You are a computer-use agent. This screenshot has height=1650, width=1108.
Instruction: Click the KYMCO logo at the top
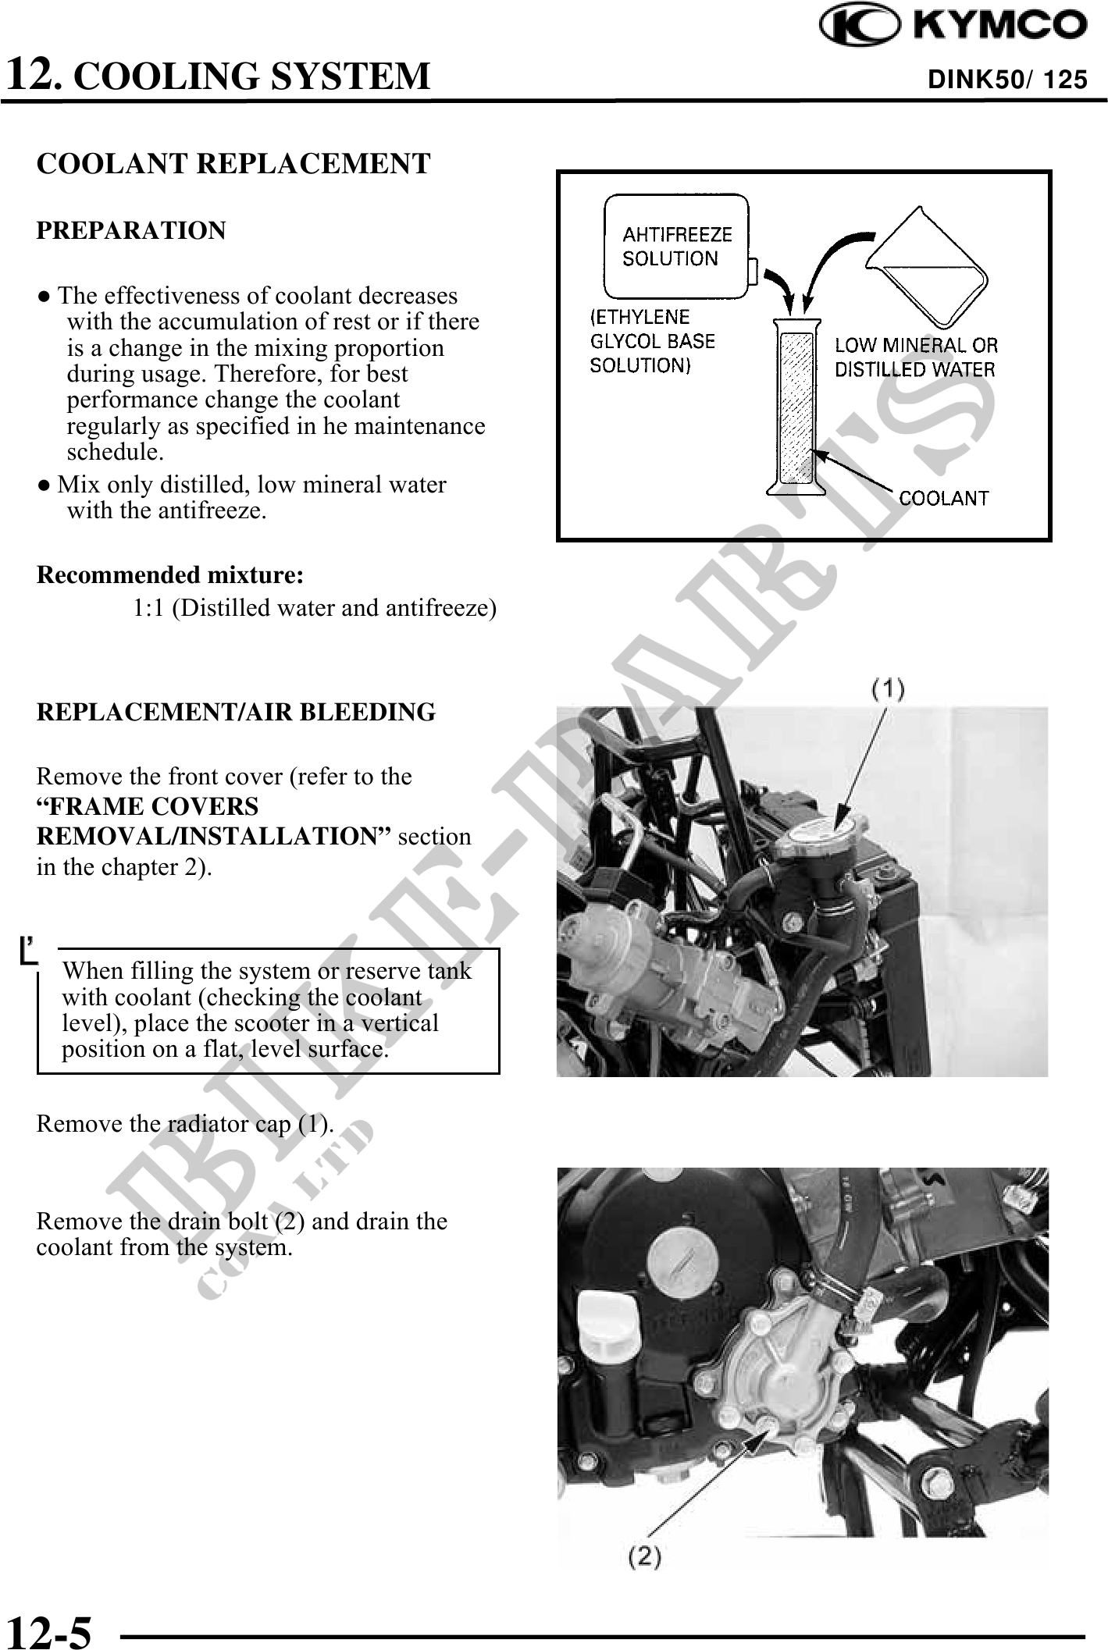[953, 26]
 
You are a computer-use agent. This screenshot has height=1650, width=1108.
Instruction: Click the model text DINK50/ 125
[1006, 79]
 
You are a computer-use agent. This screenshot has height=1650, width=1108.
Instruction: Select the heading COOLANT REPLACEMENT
[233, 164]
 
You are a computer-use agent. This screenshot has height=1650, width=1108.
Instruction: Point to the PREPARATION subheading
[131, 231]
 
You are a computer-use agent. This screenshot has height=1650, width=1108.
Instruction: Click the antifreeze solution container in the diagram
[676, 247]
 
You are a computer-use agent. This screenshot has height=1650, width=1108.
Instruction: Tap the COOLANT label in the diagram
[943, 497]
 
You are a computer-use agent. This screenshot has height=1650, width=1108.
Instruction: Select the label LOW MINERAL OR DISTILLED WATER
[915, 357]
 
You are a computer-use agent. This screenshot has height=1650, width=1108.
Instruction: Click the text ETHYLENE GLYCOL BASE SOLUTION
[652, 341]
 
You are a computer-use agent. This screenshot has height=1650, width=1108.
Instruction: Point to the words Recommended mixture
[170, 575]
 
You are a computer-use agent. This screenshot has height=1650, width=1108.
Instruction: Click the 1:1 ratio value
[148, 607]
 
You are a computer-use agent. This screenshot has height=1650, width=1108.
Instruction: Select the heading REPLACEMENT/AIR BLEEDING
[236, 712]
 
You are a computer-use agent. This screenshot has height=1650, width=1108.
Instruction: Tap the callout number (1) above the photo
[888, 689]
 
